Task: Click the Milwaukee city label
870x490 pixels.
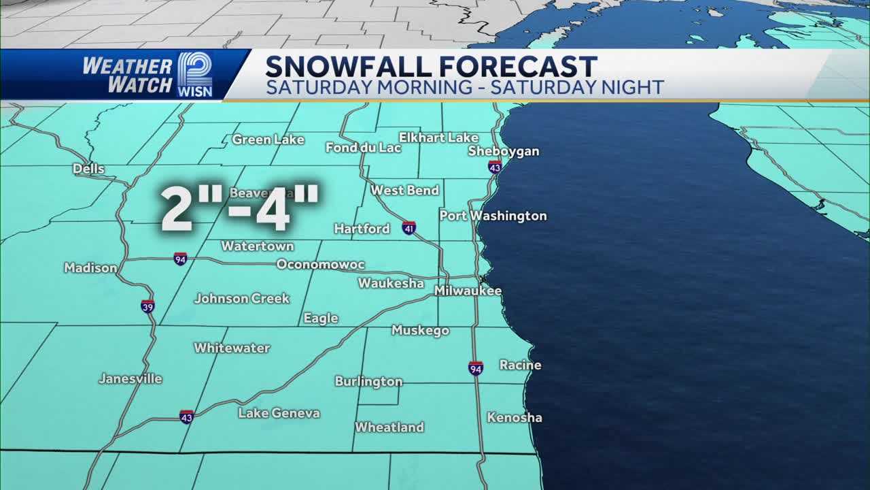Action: [468, 291]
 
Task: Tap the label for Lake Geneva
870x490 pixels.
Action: [279, 413]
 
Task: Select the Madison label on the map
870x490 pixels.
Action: [90, 268]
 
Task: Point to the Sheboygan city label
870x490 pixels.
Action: [503, 151]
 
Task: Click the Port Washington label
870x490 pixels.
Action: [493, 216]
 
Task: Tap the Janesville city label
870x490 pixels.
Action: [130, 379]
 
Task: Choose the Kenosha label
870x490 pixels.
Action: [514, 417]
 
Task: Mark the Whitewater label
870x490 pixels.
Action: [232, 348]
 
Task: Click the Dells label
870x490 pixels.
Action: [89, 169]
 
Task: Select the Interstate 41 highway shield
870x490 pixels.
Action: [408, 228]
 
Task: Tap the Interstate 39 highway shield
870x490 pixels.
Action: [148, 306]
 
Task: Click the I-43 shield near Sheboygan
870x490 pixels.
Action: [495, 167]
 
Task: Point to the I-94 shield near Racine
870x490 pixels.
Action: [476, 368]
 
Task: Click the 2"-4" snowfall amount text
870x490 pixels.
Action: [240, 208]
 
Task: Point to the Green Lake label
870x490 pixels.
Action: [268, 140]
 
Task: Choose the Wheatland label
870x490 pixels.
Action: [389, 427]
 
